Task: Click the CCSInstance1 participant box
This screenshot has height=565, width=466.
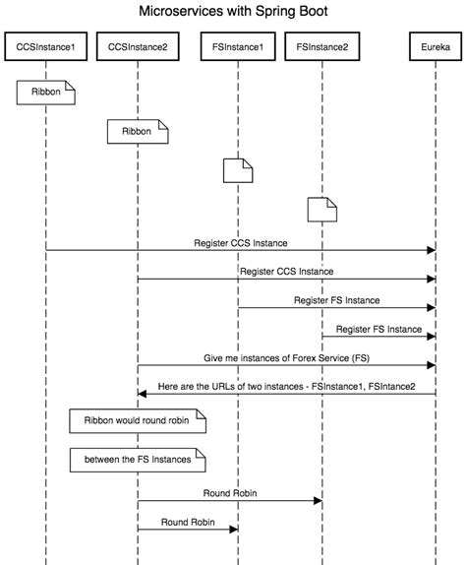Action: click(x=45, y=46)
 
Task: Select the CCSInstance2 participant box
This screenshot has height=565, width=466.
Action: click(x=138, y=46)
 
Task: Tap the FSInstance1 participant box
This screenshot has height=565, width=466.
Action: click(x=238, y=46)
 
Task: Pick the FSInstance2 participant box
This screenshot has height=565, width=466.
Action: click(x=322, y=46)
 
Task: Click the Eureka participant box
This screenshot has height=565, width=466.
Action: click(x=436, y=46)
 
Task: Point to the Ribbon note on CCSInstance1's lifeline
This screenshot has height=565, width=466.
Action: click(x=45, y=93)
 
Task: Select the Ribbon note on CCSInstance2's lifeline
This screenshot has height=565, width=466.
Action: click(x=138, y=132)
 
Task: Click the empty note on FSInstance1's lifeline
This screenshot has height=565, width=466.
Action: click(x=238, y=170)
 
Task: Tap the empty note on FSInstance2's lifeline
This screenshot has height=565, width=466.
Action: click(x=322, y=210)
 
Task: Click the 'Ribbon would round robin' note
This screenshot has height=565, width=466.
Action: click(x=138, y=421)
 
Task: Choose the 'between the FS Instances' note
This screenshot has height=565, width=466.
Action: click(x=138, y=460)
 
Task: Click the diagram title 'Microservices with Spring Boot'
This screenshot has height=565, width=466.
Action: click(x=233, y=11)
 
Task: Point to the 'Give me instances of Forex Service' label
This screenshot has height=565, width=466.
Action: click(x=286, y=358)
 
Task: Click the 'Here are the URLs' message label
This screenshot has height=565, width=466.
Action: click(x=286, y=387)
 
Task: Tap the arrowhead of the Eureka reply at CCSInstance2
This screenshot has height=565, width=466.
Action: click(x=142, y=394)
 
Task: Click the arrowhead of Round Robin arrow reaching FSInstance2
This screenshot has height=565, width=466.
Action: click(x=318, y=500)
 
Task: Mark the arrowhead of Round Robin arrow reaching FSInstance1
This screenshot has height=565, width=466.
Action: click(x=234, y=529)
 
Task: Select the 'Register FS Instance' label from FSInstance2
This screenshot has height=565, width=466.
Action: click(x=379, y=330)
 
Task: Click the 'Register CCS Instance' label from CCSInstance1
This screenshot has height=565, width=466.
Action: click(x=241, y=243)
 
